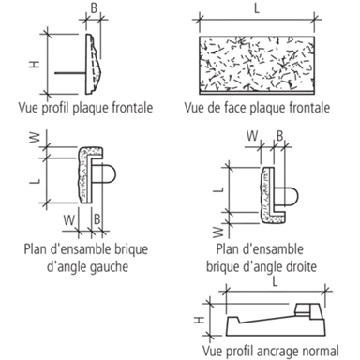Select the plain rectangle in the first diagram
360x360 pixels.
(70, 57)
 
